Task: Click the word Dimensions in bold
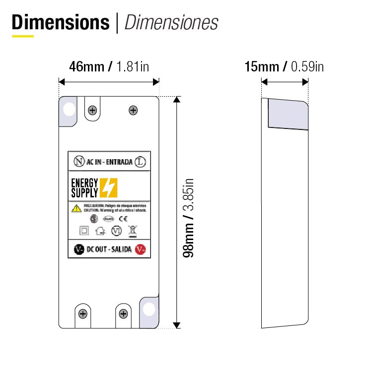coord(61,22)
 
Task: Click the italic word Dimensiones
coord(171,22)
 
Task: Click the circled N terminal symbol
coord(78,162)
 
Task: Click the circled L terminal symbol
coord(141,162)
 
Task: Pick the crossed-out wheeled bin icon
coord(132,230)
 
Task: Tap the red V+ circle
coord(141,249)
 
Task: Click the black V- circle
coord(78,249)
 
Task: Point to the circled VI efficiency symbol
coord(117,231)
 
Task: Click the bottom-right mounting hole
coord(149,309)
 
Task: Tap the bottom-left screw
coord(83,313)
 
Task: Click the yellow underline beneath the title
coord(23,36)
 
